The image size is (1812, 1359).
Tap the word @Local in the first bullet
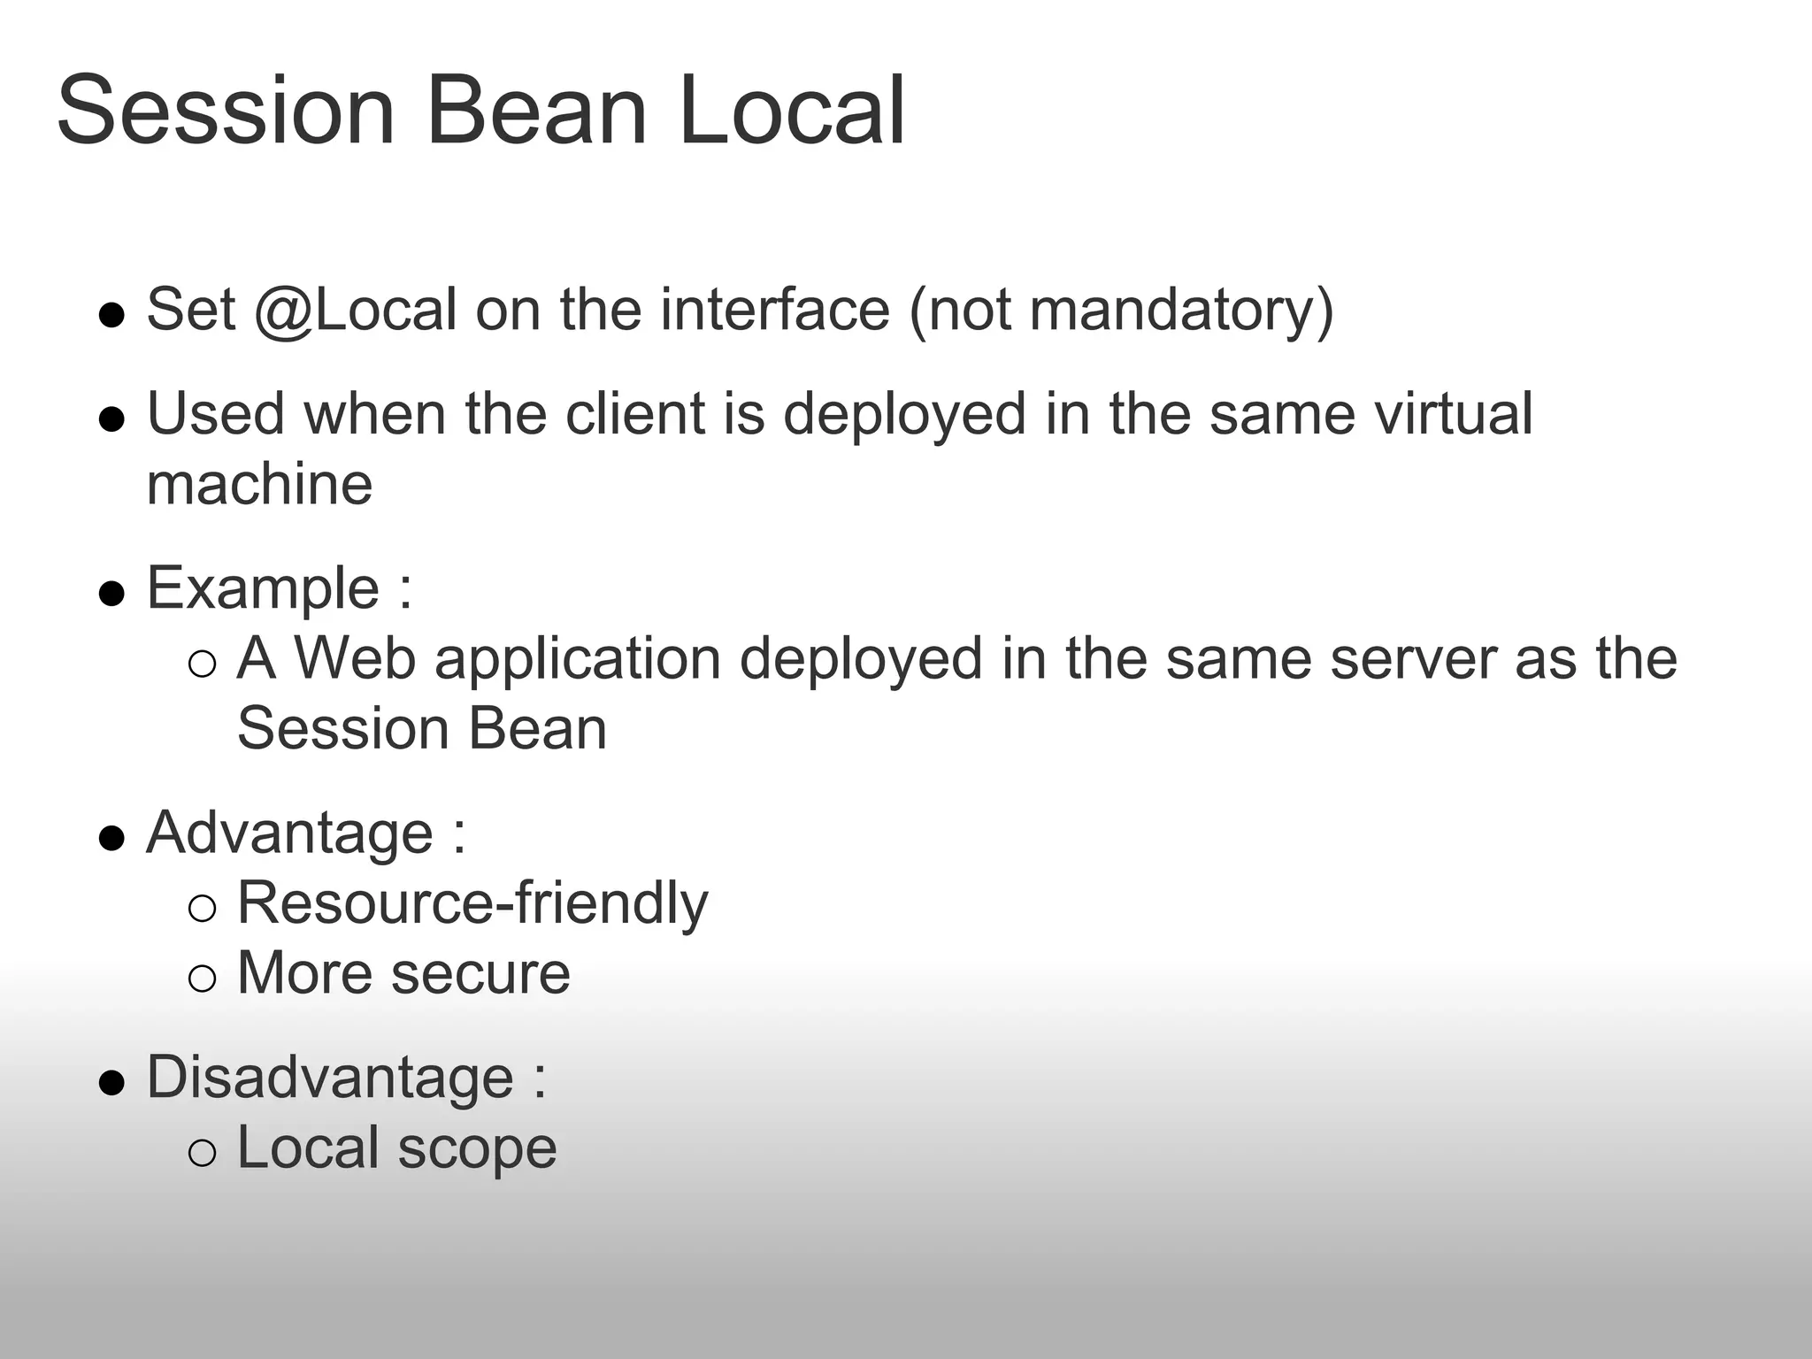point(355,311)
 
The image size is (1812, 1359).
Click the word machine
point(259,484)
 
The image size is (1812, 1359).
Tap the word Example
point(263,589)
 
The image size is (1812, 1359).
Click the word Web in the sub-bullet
point(354,659)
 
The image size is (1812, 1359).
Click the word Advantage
point(289,833)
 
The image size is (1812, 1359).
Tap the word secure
point(480,974)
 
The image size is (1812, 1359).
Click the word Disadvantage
point(329,1079)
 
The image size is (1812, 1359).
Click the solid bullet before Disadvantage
point(111,1082)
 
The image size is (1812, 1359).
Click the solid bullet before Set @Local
point(111,314)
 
